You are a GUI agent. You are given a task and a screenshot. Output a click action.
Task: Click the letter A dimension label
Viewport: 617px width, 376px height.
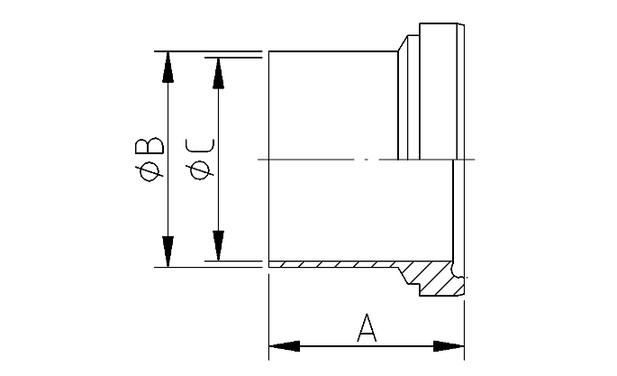[367, 327]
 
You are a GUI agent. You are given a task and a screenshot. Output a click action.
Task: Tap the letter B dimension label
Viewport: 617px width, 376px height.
[153, 147]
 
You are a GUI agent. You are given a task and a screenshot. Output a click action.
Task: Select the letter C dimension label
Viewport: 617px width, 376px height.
[202, 147]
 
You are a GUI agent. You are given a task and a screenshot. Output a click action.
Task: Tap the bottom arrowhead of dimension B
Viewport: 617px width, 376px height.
[167, 252]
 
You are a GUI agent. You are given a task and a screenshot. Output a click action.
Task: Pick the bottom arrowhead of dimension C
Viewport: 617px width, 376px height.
[217, 245]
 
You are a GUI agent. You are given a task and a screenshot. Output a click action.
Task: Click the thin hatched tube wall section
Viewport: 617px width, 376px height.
[333, 264]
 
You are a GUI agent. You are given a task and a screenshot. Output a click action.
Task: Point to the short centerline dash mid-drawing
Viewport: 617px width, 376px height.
[365, 160]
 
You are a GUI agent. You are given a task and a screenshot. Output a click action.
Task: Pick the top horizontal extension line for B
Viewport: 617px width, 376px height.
[207, 51]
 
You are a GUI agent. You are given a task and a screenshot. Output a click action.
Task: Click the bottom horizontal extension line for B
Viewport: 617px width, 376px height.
[207, 268]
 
